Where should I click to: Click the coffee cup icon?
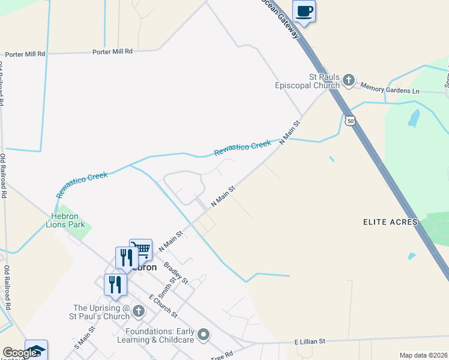tap(304, 11)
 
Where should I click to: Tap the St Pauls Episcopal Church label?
tap(307, 81)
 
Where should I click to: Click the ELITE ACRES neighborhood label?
tap(390, 222)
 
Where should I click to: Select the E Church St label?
tap(164, 306)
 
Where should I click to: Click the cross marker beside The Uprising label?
tap(139, 311)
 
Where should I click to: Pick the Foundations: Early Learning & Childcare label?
tap(160, 335)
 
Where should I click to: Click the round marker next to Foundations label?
tap(204, 334)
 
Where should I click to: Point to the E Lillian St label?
tap(309, 341)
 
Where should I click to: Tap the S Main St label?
tap(85, 338)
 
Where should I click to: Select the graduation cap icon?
tap(35, 350)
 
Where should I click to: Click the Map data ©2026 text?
tap(424, 355)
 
